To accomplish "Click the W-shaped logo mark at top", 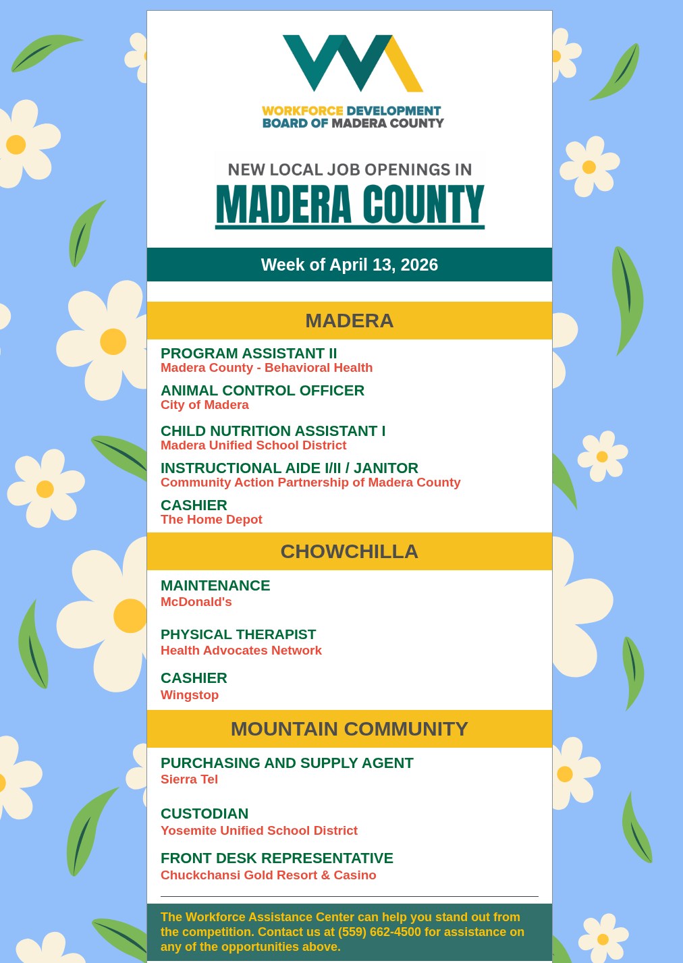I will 352,63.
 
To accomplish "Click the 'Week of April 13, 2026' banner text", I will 350,265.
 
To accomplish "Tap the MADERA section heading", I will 350,321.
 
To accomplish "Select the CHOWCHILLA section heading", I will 350,551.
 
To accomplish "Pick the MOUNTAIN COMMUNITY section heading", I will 350,729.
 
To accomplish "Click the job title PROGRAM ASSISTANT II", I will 248,354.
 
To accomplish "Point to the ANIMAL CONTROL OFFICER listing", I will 263,391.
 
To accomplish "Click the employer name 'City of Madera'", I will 204,405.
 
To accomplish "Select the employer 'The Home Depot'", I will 211,520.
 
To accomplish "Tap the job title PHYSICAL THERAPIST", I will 238,634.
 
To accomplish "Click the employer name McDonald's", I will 196,602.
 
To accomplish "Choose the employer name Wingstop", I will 190,695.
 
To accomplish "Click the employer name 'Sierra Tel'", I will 189,779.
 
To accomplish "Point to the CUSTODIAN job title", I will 204,814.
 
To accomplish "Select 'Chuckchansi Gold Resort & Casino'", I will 269,875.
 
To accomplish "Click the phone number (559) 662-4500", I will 379,932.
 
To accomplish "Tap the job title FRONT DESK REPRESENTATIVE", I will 277,858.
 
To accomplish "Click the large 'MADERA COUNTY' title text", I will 350,204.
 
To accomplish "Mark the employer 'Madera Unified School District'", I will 253,445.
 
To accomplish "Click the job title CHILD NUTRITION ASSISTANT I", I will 273,431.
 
